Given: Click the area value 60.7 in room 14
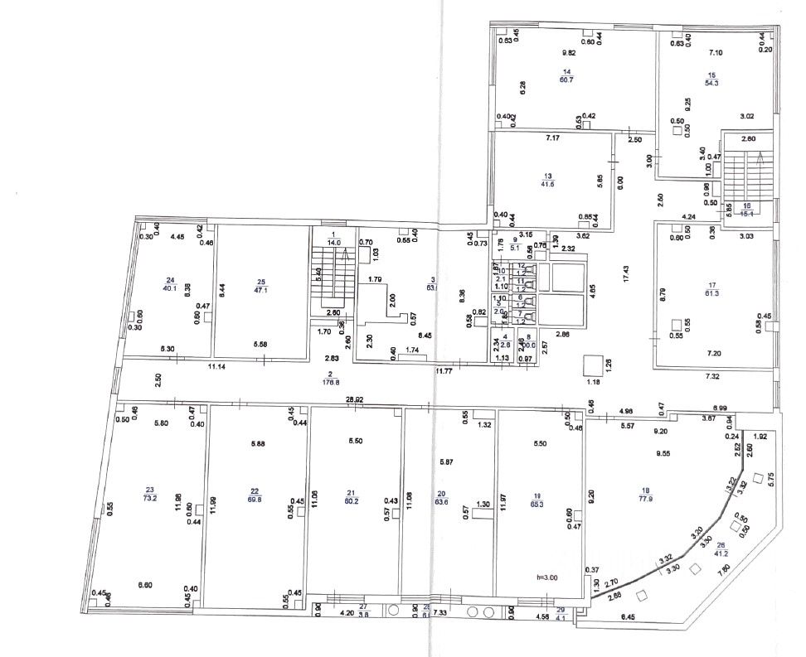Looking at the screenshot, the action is click(x=566, y=80).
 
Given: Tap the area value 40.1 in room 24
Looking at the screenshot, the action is click(x=171, y=287).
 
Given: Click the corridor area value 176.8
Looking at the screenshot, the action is click(x=330, y=383).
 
